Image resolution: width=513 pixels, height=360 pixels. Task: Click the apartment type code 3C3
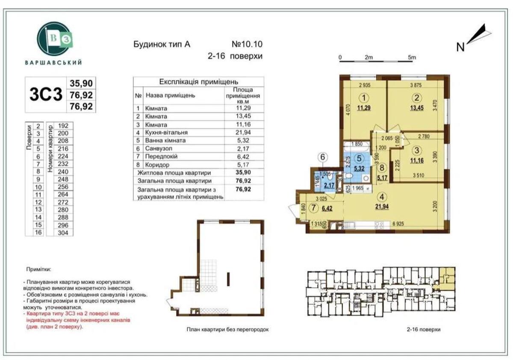[46, 94]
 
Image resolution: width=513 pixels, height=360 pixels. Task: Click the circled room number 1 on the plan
[364, 97]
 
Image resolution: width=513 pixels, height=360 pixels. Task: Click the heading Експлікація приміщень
[198, 82]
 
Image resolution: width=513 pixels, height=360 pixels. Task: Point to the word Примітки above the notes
[39, 270]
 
